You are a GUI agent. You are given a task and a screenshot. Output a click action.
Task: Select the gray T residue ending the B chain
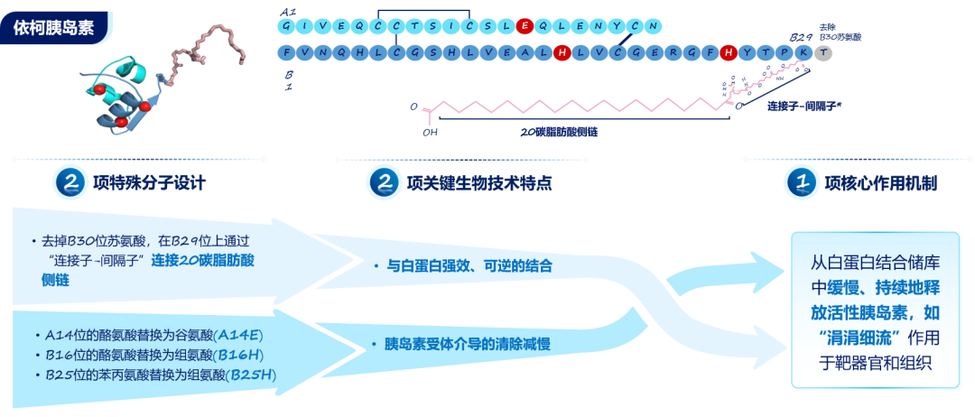823,53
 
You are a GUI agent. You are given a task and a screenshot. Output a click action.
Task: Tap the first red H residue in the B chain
562,53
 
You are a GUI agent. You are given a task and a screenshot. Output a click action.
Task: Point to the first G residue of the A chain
287,27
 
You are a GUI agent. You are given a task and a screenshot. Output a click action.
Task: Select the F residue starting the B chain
287,53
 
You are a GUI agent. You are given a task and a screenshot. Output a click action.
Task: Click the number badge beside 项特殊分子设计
69,183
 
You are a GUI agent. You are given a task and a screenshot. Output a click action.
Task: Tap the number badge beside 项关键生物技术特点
383,183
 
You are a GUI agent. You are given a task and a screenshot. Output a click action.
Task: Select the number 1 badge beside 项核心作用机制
801,183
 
